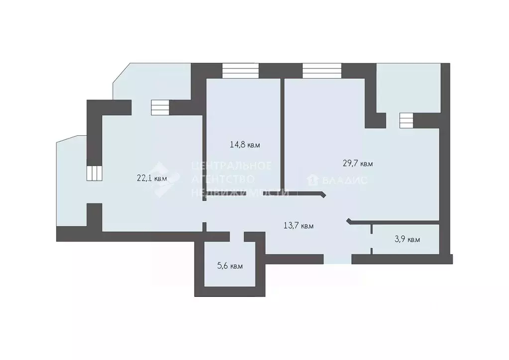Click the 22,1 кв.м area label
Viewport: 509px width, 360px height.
point(152,178)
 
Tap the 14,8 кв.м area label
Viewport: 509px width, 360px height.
point(245,145)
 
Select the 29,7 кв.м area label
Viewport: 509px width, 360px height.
point(358,163)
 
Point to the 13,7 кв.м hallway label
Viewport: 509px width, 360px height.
point(299,226)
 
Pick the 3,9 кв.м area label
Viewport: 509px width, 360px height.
point(407,240)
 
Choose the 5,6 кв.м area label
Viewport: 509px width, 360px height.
point(230,266)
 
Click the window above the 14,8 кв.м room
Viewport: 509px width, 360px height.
point(241,71)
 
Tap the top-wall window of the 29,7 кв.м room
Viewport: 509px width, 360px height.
point(322,71)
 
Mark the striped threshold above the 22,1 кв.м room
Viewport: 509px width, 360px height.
point(160,107)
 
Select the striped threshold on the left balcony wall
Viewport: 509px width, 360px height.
point(94,173)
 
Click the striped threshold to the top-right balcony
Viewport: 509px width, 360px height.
point(406,120)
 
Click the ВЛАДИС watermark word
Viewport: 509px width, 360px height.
point(344,180)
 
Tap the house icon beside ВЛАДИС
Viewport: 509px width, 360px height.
point(313,180)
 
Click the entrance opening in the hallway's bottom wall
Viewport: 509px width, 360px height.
point(337,259)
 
